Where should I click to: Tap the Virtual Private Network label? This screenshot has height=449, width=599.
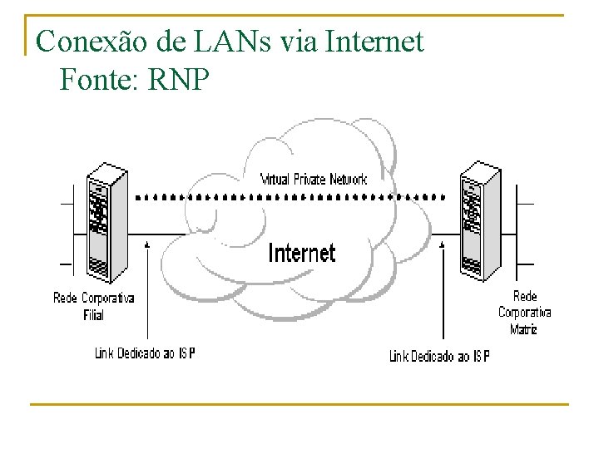tap(314, 179)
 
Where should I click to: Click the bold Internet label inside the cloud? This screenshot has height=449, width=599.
tap(301, 253)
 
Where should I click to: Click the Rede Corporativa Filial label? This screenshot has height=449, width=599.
tap(93, 306)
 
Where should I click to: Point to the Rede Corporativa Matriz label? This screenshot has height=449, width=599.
tap(524, 313)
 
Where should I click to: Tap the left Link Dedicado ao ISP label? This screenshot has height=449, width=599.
tap(145, 353)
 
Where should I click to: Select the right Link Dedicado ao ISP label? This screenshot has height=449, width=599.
tap(439, 356)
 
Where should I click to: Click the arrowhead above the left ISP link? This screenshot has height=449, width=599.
tap(147, 244)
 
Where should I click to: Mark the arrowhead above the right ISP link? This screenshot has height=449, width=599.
tap(441, 244)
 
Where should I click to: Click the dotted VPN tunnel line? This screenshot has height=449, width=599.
tap(291, 198)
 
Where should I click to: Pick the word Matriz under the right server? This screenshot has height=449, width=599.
tap(524, 329)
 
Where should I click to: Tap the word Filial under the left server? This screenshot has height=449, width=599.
tap(93, 315)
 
